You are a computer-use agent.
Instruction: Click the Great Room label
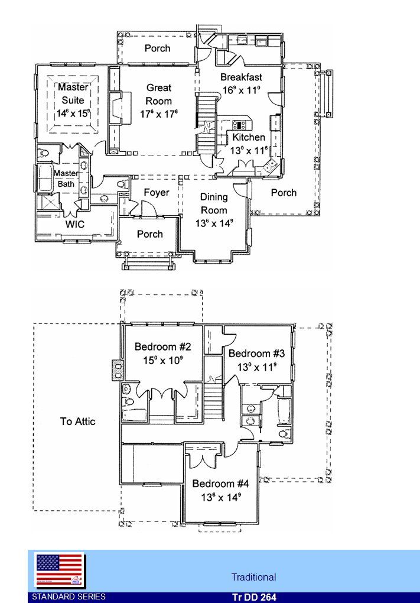click(x=159, y=94)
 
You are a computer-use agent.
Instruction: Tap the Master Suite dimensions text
click(x=73, y=114)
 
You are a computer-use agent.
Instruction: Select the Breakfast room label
click(x=242, y=77)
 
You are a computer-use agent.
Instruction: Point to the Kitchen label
click(x=249, y=137)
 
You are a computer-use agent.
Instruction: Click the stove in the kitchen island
click(x=239, y=125)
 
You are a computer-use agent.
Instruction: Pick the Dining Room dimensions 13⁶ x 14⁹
click(x=214, y=223)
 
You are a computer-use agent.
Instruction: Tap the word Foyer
click(x=157, y=192)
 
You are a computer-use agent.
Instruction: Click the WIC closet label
click(x=75, y=224)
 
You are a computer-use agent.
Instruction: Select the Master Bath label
click(x=66, y=179)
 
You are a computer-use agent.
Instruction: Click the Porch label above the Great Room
click(x=157, y=48)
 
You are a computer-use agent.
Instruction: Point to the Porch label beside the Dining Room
click(x=284, y=193)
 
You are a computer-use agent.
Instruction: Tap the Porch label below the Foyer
click(x=150, y=234)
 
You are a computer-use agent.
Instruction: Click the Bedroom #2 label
click(x=162, y=346)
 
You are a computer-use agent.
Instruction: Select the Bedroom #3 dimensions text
click(x=257, y=367)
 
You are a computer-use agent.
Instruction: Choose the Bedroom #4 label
click(x=220, y=484)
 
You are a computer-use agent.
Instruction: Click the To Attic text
click(x=77, y=422)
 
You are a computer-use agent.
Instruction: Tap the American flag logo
click(x=60, y=570)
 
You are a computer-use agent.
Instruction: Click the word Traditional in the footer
click(x=253, y=577)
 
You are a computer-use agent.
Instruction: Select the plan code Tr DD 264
click(x=254, y=597)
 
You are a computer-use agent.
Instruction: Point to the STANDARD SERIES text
click(x=69, y=597)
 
